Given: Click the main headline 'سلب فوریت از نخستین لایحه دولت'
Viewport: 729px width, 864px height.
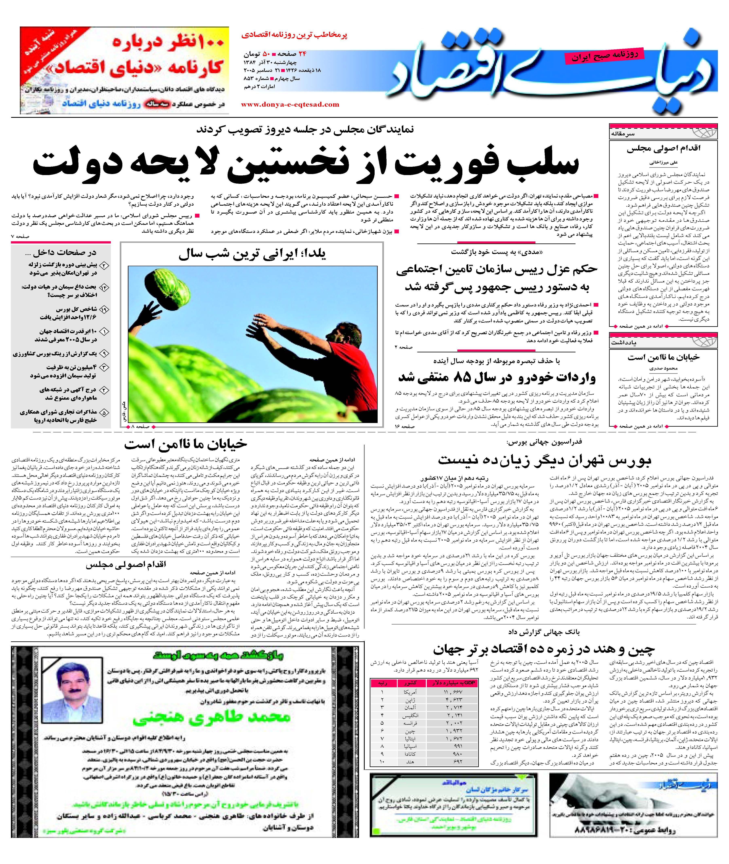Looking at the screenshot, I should [306, 164].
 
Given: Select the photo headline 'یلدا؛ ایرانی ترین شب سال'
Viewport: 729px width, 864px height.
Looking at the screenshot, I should [252, 254].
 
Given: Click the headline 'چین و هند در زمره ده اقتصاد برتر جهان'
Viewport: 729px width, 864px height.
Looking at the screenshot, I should [544, 649].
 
